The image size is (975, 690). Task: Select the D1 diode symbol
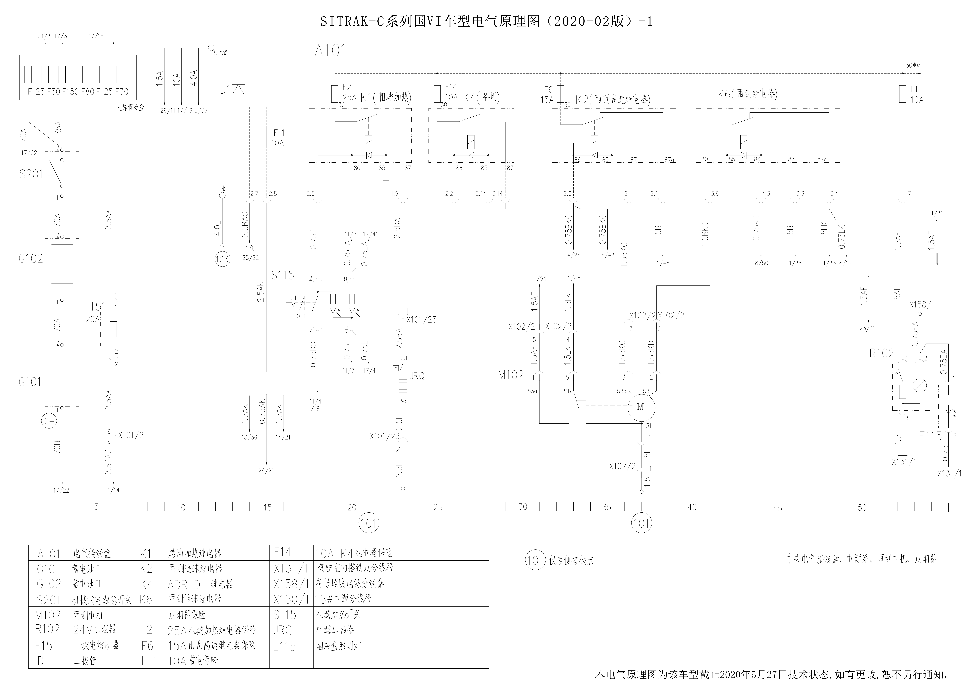point(238,90)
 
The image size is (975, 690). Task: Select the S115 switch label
point(283,275)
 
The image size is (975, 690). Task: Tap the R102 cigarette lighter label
point(882,353)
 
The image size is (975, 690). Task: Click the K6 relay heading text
point(747,94)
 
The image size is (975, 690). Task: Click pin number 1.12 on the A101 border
point(623,194)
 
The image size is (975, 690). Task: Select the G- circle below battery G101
point(49,421)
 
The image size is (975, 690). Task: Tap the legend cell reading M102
point(48,615)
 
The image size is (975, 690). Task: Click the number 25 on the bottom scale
point(438,507)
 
